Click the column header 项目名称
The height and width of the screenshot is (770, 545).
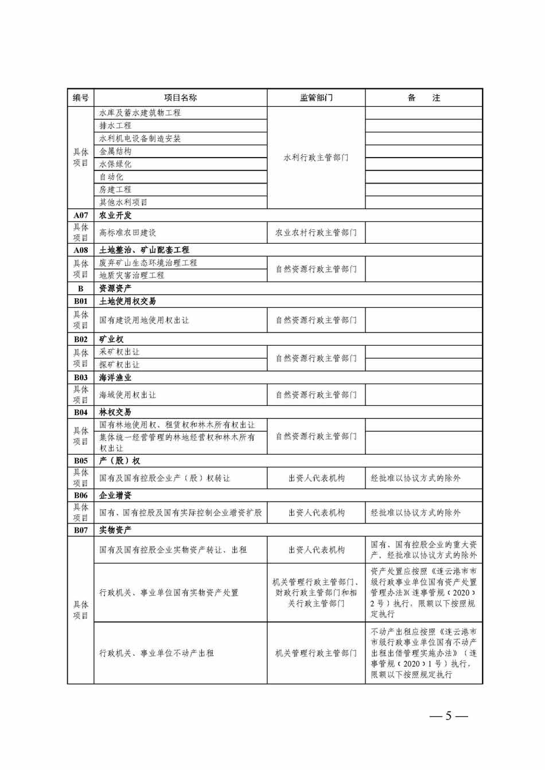(180, 98)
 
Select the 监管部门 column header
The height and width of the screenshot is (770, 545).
(316, 98)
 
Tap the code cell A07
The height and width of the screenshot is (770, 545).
(81, 216)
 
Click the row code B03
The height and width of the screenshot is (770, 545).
(81, 378)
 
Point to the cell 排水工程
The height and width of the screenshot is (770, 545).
(115, 126)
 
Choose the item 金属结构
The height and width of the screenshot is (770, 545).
(115, 151)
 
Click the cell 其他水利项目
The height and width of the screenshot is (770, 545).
(123, 202)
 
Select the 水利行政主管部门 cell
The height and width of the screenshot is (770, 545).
(316, 158)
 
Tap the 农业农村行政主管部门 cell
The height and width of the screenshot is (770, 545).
(316, 233)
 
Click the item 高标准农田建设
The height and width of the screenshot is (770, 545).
(128, 233)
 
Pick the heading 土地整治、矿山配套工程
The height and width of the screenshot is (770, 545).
(144, 250)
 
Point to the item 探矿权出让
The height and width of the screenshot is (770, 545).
(119, 365)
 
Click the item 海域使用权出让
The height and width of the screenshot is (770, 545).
(128, 395)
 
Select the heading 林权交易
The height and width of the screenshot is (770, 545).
(115, 412)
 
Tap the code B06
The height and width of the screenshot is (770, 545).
(81, 495)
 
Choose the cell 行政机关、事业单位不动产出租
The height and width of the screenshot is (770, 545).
(157, 653)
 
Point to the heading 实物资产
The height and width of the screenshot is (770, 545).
(115, 530)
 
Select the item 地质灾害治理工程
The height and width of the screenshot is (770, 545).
(132, 276)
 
